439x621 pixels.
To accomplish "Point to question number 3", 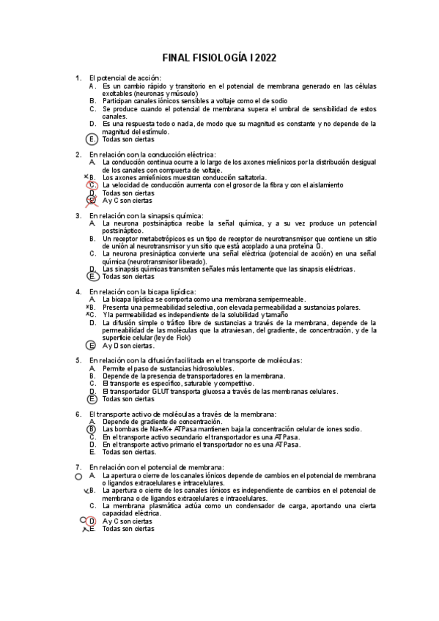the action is [x=78, y=216].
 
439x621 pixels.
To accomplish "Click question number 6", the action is [x=78, y=414].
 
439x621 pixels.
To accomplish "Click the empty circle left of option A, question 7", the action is [x=78, y=475].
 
